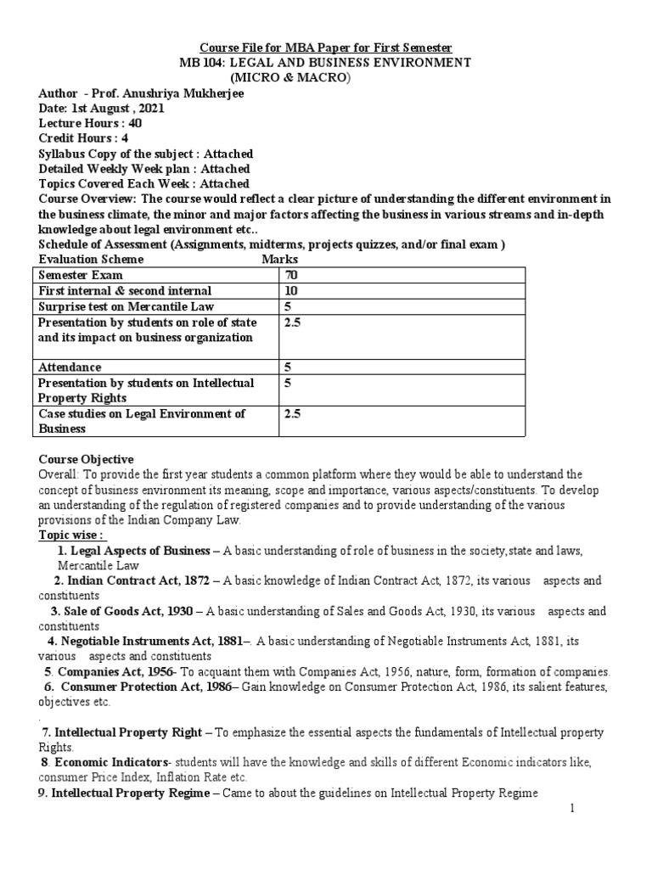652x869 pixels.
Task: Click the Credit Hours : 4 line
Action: click(81, 138)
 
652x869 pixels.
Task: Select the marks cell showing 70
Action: click(293, 276)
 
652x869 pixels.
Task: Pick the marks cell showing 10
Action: click(293, 291)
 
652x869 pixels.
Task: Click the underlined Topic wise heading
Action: click(72, 535)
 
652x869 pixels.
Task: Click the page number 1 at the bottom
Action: click(572, 809)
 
